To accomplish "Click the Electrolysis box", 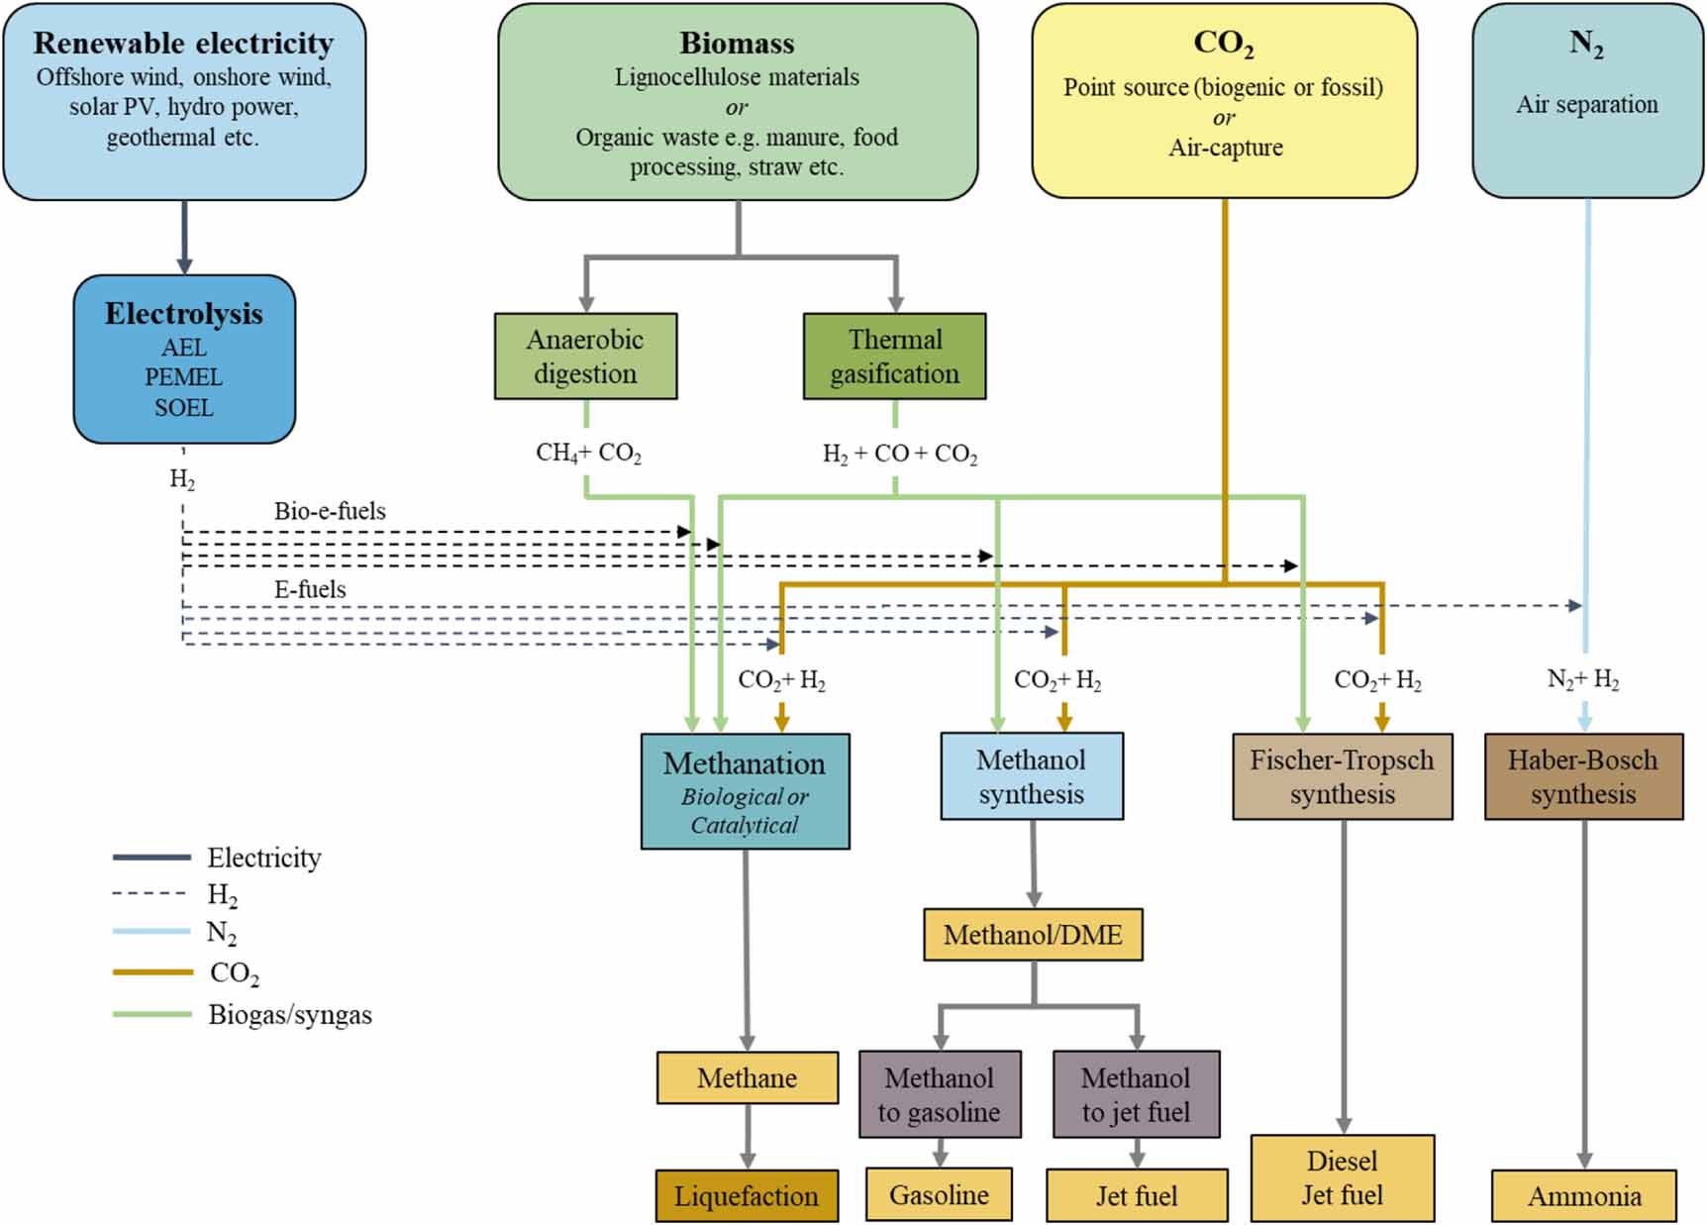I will (184, 358).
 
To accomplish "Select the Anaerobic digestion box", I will (585, 357).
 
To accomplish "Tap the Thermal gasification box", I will (894, 357).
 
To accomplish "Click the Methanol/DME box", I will (1033, 935).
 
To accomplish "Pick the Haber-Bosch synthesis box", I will (1582, 776).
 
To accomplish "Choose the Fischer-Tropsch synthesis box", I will (1342, 776).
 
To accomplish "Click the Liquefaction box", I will (747, 1195).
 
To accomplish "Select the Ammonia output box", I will (1583, 1195).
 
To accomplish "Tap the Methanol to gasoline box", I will (939, 1094).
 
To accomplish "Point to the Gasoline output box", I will (939, 1194).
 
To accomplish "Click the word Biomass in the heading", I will (737, 43).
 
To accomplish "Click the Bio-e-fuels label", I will (330, 511).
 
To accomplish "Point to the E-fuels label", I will (310, 589).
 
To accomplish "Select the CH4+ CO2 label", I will (588, 453).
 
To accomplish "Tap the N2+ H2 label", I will (1582, 679).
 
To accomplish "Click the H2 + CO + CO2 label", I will (899, 454).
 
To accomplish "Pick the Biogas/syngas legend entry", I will (289, 1014).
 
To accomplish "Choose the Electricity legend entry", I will (263, 858).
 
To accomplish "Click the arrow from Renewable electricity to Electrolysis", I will (184, 238).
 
